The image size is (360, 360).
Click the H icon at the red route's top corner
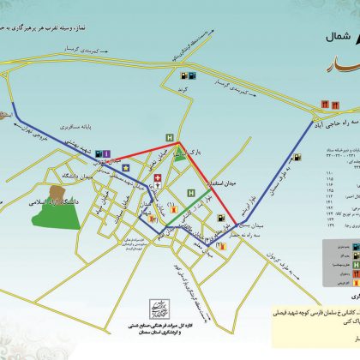point(170,137)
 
